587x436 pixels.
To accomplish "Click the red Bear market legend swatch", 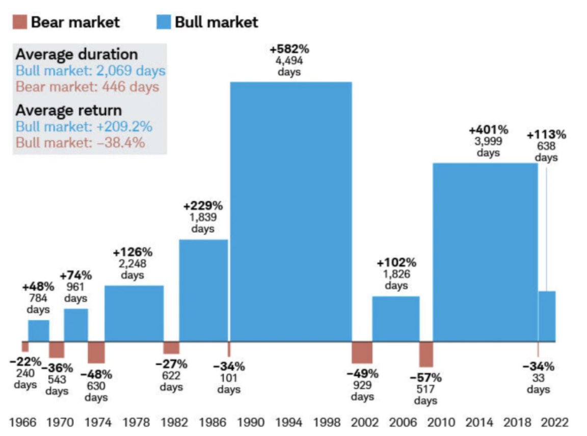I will [x=20, y=22].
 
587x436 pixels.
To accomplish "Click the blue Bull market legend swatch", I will [x=163, y=22].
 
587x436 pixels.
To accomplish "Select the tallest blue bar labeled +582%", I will [x=290, y=211].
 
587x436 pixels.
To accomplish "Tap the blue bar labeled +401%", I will [x=485, y=252].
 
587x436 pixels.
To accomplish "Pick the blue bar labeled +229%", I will [x=203, y=290].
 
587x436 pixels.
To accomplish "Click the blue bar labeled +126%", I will [x=134, y=313].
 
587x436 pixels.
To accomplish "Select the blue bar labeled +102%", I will [x=396, y=319].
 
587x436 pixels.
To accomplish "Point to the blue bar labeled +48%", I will [x=39, y=331].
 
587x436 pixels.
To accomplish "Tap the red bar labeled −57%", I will [x=426, y=354].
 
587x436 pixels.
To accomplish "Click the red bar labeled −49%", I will [x=362, y=352].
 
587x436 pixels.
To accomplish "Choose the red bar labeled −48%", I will [x=96, y=352].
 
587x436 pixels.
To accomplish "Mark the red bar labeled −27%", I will [x=171, y=347].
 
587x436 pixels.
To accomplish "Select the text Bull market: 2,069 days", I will [x=91, y=71].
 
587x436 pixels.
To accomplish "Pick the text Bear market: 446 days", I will [x=87, y=87].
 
